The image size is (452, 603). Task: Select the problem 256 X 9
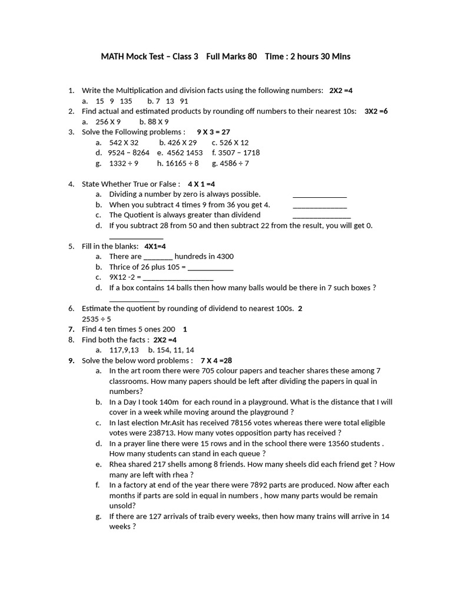point(108,122)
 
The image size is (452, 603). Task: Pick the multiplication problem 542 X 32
point(124,143)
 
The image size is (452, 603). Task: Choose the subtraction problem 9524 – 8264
point(128,153)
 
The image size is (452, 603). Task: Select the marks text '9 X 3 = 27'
point(213,132)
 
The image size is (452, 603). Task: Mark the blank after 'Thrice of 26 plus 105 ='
point(210,268)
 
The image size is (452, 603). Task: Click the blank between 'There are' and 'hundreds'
point(158,257)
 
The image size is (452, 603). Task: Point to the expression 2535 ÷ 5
point(97,319)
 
